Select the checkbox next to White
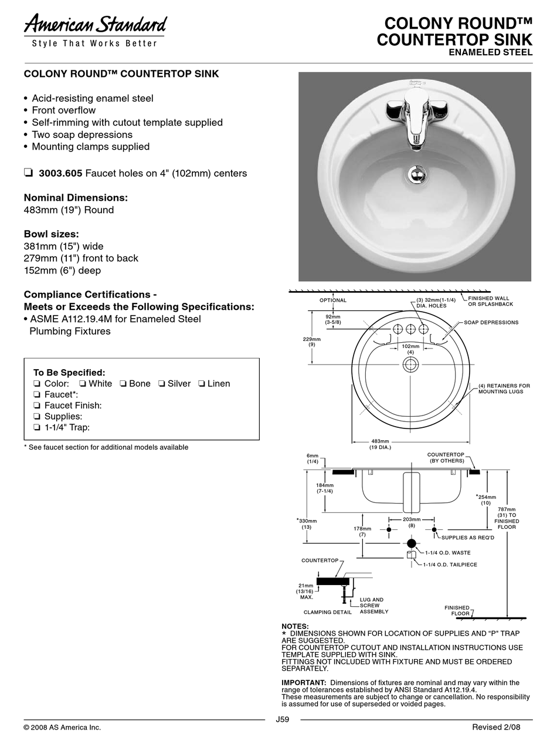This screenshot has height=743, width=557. (83, 384)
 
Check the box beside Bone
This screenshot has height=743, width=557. (123, 384)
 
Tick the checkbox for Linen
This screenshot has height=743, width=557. (202, 384)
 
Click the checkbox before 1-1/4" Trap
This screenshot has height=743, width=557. (37, 427)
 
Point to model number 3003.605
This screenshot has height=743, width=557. (60, 174)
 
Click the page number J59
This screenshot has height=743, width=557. (282, 720)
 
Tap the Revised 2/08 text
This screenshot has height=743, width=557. (496, 727)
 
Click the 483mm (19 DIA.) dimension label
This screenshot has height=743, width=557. (380, 444)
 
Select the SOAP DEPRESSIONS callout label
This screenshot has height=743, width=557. (491, 323)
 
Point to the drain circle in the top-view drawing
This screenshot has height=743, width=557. (410, 365)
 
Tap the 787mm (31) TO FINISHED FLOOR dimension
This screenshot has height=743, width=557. (507, 518)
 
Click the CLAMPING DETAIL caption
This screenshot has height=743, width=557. (328, 612)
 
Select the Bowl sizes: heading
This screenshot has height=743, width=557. (52, 234)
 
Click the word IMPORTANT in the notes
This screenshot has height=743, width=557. (304, 683)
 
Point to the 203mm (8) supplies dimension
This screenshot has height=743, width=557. (412, 522)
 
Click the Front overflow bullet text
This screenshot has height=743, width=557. (63, 110)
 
